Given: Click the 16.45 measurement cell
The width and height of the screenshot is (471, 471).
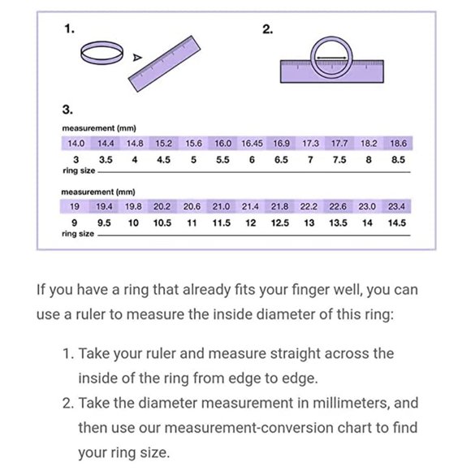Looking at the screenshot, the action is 252,143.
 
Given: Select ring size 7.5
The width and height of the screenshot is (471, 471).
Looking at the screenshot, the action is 339,160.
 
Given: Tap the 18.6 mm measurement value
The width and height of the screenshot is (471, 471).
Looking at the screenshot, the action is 398,143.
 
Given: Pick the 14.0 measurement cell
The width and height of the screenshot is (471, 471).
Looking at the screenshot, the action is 76,143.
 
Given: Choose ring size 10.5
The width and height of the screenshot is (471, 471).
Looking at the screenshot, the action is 162,223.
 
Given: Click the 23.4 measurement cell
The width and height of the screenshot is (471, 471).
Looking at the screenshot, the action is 396,206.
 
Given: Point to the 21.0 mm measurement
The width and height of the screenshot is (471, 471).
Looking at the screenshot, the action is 221,206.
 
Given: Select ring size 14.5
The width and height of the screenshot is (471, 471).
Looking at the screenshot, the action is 397,223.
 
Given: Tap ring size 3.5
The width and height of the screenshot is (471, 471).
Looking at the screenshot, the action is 106,160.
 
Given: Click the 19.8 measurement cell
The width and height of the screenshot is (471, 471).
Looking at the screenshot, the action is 133,206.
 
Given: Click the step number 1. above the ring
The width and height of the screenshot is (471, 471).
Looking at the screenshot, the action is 69,29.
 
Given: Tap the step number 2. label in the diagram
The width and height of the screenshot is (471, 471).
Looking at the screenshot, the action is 268,29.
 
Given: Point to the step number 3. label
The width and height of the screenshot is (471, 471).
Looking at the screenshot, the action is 67,110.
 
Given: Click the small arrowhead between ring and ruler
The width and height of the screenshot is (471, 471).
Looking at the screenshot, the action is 137,57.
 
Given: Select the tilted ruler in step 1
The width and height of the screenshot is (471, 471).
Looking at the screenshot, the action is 164,63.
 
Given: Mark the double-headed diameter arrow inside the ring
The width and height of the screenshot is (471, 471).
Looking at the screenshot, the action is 331,58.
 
